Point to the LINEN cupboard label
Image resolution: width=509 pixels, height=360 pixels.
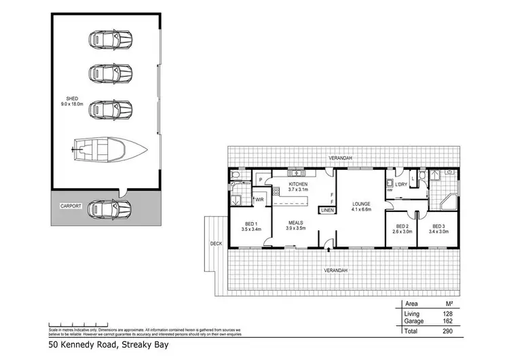coord(328,211)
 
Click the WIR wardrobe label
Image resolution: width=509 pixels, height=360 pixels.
coord(259,199)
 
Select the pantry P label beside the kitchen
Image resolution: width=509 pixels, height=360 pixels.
coord(260,180)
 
